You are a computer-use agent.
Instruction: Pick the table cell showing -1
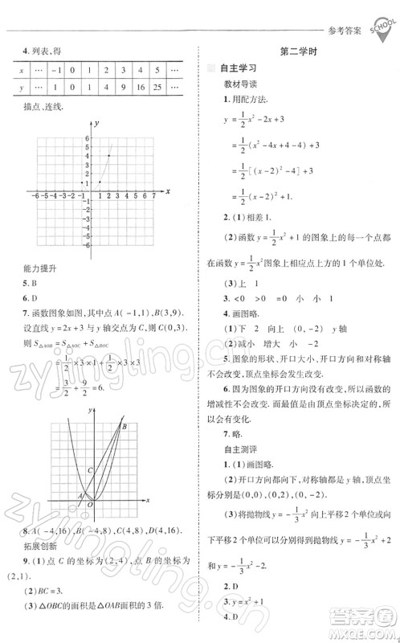point(56,70)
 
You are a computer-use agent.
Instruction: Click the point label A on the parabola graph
point(80,496)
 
